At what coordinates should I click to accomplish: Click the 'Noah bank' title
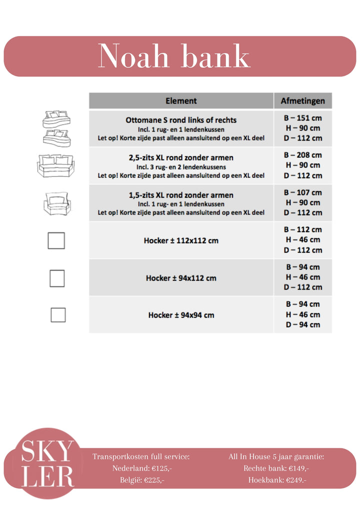tap(174, 56)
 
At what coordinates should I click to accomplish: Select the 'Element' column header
tap(181, 101)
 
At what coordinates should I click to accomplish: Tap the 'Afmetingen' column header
tap(302, 101)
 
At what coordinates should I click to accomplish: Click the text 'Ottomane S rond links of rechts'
tap(181, 120)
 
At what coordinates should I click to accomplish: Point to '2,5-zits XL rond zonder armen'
tap(181, 157)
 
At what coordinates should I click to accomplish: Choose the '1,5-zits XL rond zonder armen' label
tap(181, 195)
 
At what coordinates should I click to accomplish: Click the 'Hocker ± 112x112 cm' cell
tap(181, 240)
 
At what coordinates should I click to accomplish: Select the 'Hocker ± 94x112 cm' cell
tap(181, 277)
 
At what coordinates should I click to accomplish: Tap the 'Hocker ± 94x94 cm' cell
tap(181, 315)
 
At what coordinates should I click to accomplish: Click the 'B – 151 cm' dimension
tap(302, 118)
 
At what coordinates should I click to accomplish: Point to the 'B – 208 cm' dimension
tap(302, 155)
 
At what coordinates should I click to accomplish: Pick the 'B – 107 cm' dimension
tap(302, 192)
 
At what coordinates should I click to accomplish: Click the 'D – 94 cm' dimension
tap(302, 325)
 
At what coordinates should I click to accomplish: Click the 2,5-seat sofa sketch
tap(55, 165)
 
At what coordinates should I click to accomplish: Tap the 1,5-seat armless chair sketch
tap(56, 203)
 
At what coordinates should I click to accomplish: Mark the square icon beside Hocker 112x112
tap(56, 240)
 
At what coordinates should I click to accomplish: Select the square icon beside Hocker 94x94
tap(58, 315)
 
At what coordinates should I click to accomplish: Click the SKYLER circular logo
tap(47, 463)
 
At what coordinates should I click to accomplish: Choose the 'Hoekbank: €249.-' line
tap(276, 480)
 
